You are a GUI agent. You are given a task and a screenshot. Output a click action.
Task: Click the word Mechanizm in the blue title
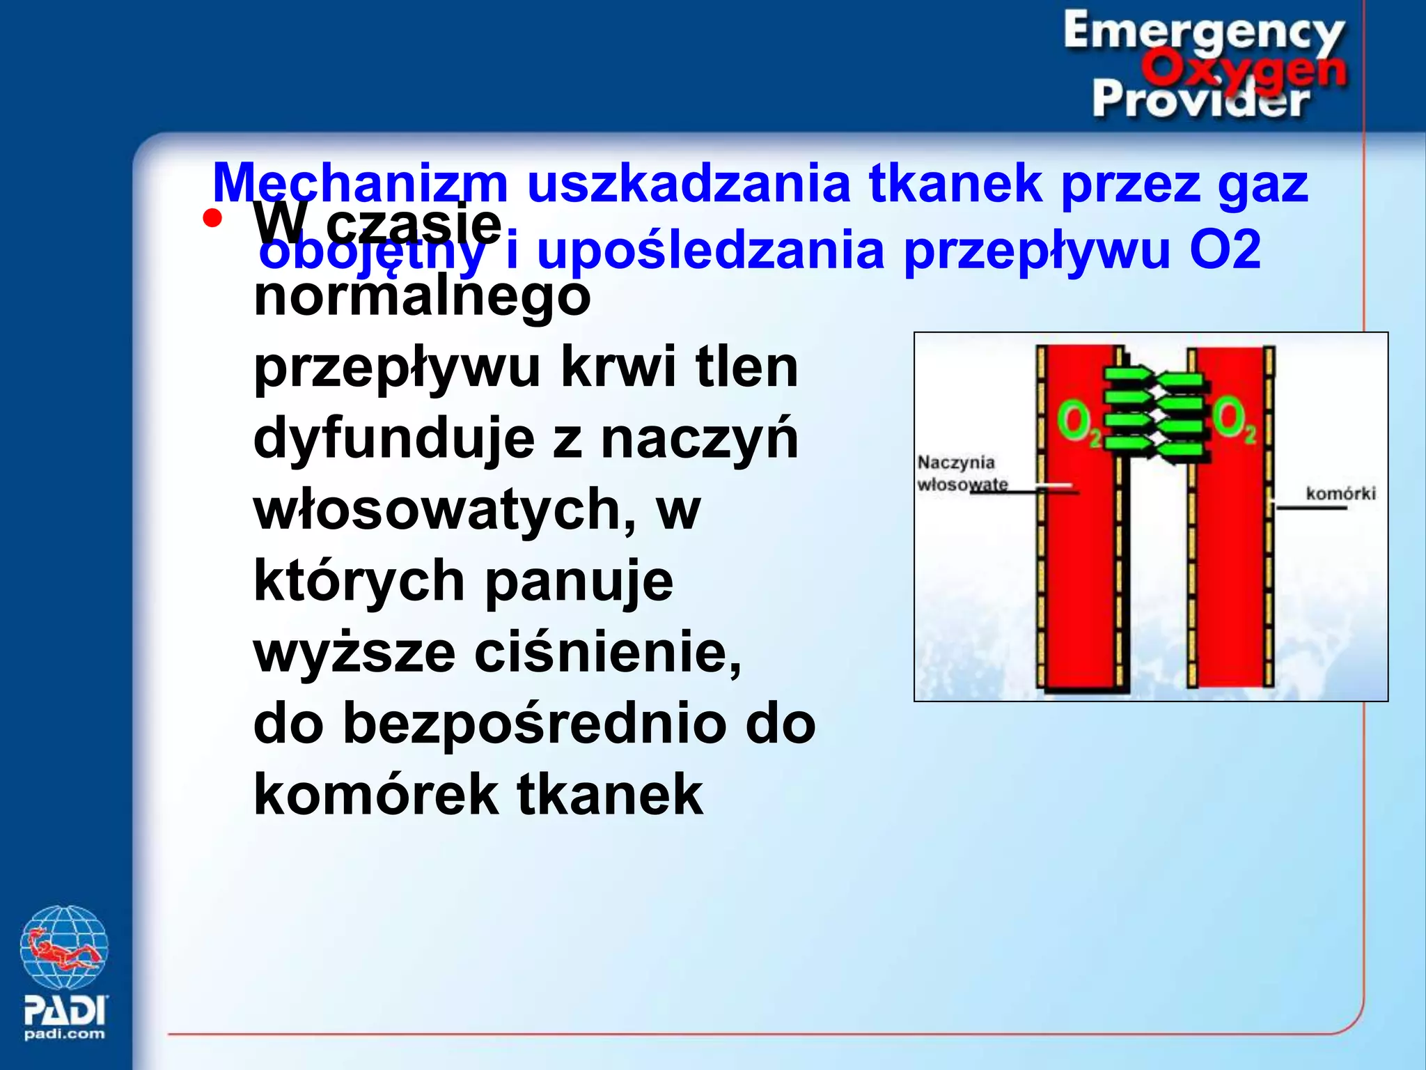point(360,183)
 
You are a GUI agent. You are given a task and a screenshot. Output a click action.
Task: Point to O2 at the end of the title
point(1225,251)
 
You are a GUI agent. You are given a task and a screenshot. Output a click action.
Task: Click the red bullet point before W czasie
point(212,219)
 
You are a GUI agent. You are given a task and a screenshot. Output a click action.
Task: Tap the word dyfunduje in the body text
point(394,439)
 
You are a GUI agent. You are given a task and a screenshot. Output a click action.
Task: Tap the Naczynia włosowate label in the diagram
point(961,473)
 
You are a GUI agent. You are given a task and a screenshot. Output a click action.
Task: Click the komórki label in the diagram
point(1340,494)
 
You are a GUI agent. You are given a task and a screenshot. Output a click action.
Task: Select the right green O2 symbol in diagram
point(1234,419)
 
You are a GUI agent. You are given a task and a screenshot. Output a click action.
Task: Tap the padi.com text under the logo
point(64,1034)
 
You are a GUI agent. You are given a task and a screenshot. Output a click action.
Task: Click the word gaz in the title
point(1262,183)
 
